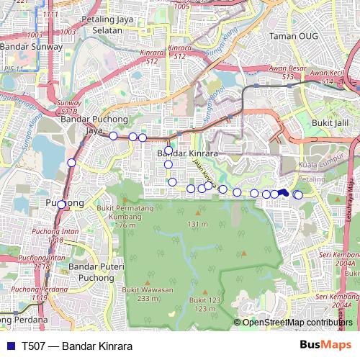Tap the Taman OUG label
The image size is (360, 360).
(287, 35)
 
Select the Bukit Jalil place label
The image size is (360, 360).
(331, 123)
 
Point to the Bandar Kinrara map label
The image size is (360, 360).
(187, 153)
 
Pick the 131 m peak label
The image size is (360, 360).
(197, 225)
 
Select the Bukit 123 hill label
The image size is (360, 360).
(204, 304)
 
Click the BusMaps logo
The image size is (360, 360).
(325, 346)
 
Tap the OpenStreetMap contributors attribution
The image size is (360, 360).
(297, 323)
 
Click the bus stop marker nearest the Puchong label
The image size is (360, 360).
(61, 205)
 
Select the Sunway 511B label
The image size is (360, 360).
(68, 107)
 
